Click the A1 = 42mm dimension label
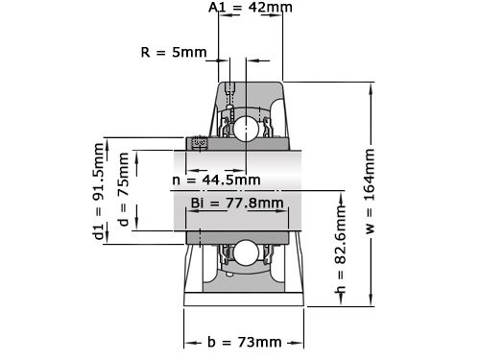[x=251, y=8]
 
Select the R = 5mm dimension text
[x=173, y=52]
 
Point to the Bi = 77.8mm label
[x=237, y=204]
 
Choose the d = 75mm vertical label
[x=122, y=190]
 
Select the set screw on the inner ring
[x=201, y=144]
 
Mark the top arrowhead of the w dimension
[x=371, y=85]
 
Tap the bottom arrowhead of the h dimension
[x=340, y=305]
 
